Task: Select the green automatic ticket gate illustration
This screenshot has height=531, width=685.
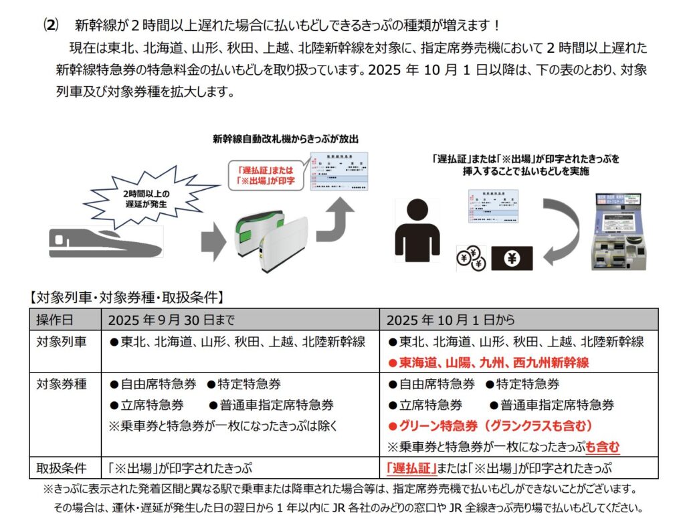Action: click(270, 238)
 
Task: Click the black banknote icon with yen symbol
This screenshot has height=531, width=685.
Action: click(512, 257)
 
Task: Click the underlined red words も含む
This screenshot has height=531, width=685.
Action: click(603, 447)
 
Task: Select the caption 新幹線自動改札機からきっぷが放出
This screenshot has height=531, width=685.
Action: click(286, 140)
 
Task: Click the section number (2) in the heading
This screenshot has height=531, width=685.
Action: click(51, 25)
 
